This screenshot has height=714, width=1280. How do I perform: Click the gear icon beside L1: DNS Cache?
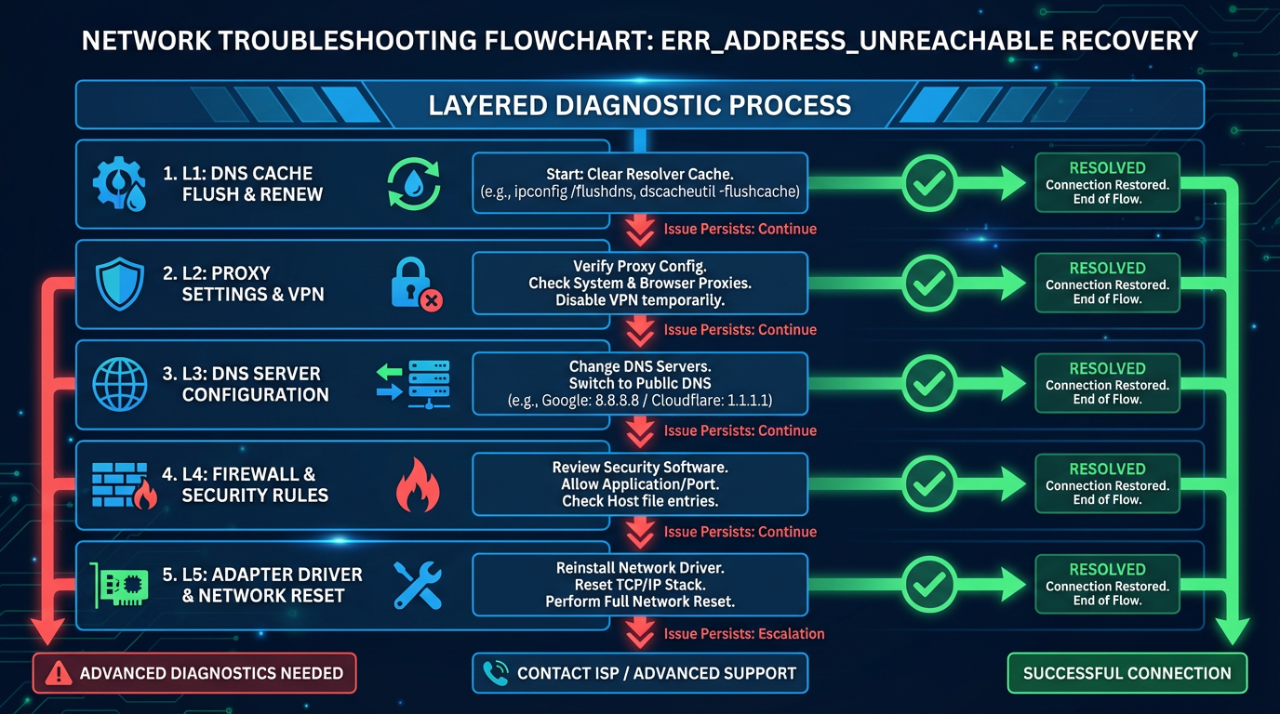coord(119,183)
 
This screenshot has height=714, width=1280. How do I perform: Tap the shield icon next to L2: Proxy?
coord(120,284)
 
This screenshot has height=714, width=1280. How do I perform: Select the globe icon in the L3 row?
coord(120,384)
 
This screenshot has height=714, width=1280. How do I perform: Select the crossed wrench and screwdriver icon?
coord(418,585)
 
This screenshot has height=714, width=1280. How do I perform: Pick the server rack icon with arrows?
coord(415,385)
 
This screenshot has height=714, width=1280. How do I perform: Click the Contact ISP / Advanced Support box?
coord(640,673)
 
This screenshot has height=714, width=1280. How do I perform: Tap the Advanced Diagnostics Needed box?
coord(194,673)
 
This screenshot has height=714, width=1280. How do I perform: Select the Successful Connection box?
coord(1127,673)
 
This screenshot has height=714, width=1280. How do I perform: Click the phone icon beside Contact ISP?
coord(496,673)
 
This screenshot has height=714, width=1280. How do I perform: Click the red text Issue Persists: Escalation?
coord(744,634)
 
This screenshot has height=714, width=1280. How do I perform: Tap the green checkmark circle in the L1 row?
coord(929,183)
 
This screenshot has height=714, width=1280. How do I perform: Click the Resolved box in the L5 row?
coord(1107,585)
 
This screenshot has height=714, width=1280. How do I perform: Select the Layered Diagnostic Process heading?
coord(639,104)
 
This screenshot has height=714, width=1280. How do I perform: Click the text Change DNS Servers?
coord(640,367)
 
